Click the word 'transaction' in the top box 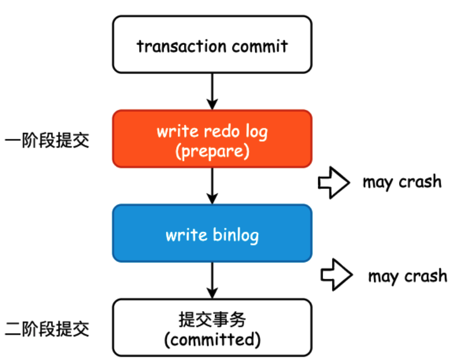[x=179, y=45]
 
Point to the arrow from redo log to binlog [x=212, y=186]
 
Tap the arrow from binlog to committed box [x=212, y=280]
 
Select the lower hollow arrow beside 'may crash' [x=336, y=275]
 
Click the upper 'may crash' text [x=402, y=182]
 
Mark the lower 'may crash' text [x=407, y=276]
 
